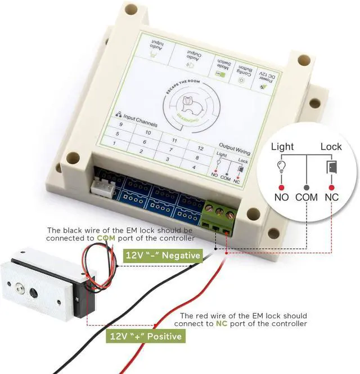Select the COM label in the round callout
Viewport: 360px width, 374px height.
(307, 198)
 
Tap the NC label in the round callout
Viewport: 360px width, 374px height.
(332, 198)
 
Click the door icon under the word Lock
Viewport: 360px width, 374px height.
(332, 167)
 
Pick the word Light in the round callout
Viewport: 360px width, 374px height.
(282, 146)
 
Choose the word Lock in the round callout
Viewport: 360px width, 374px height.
(331, 146)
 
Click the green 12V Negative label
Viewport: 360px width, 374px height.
(163, 256)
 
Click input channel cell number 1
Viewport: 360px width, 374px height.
(114, 144)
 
